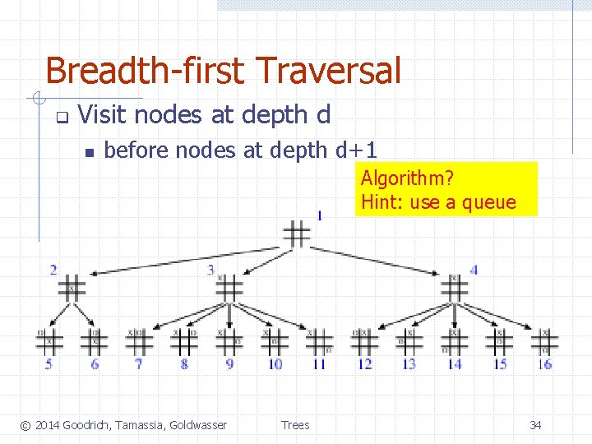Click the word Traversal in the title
tap(329, 71)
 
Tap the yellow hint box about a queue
tap(446, 189)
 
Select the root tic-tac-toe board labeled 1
tap(297, 234)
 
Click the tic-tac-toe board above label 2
tap(72, 289)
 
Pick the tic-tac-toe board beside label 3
tap(229, 288)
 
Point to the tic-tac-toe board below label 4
tap(454, 289)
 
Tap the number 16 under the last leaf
tap(544, 363)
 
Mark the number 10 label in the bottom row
tap(275, 363)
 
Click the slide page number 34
tap(535, 425)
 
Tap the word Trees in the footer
tap(295, 425)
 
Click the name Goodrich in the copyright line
tap(88, 425)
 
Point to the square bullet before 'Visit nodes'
tap(60, 116)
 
